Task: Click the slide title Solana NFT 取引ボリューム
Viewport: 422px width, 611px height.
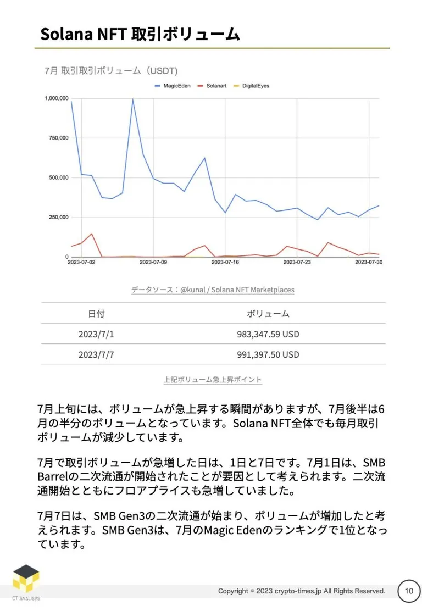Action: pyautogui.click(x=140, y=34)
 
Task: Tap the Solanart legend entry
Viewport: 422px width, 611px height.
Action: pyautogui.click(x=212, y=86)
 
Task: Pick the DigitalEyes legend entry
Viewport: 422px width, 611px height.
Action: pyautogui.click(x=251, y=86)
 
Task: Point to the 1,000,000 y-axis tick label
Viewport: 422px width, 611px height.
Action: pyautogui.click(x=57, y=98)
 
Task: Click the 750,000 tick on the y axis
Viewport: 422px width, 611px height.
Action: pyautogui.click(x=58, y=138)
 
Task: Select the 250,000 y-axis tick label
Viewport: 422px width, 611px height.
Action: pyautogui.click(x=58, y=217)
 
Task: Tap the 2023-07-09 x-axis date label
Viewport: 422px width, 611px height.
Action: pyautogui.click(x=153, y=262)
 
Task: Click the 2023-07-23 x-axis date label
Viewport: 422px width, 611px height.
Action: pyautogui.click(x=297, y=262)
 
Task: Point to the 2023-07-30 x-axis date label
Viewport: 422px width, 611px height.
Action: pyautogui.click(x=369, y=262)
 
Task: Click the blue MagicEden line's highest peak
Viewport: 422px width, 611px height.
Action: pyautogui.click(x=132, y=99)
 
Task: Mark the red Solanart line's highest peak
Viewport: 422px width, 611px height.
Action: pyautogui.click(x=92, y=234)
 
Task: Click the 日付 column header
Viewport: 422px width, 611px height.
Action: pyautogui.click(x=96, y=314)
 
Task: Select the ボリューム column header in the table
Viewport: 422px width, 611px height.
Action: pyautogui.click(x=268, y=314)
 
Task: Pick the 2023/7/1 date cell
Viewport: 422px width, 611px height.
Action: pyautogui.click(x=96, y=334)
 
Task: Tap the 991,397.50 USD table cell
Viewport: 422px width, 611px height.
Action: pyautogui.click(x=268, y=354)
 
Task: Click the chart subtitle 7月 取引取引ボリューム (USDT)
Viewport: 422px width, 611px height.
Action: pyautogui.click(x=111, y=71)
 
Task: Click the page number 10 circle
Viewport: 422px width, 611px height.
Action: pyautogui.click(x=409, y=591)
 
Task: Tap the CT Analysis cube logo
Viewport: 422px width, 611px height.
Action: pyautogui.click(x=26, y=578)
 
